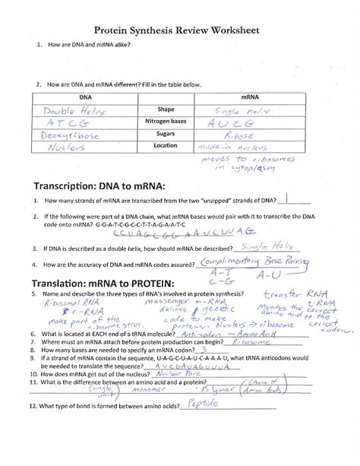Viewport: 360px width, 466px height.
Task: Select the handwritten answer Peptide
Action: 207,426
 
